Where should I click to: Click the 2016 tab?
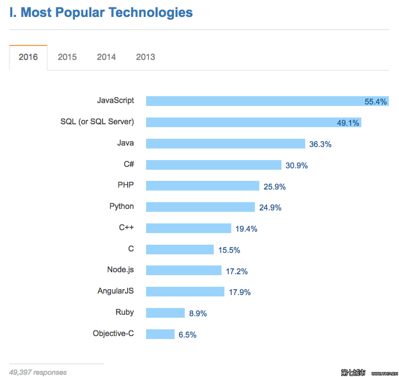tap(28, 57)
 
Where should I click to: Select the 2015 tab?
tap(67, 57)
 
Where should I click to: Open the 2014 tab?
tap(106, 57)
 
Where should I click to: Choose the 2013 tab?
tap(146, 57)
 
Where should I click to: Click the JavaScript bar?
tap(267, 101)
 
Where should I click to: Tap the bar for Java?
tap(225, 144)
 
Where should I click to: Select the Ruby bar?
tap(166, 313)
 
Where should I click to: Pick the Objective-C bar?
tap(160, 334)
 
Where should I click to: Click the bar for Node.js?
tap(184, 270)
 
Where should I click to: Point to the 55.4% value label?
tap(376, 102)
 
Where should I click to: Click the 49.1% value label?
tap(348, 123)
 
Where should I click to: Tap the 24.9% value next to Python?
tap(270, 207)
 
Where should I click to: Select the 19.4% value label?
tap(246, 229)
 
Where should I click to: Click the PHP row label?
tap(126, 185)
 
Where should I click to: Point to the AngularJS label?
tap(116, 291)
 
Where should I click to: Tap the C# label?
tap(129, 164)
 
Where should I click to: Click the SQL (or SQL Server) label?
tap(97, 122)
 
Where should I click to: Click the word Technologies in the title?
tap(151, 12)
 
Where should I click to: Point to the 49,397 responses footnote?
tap(38, 373)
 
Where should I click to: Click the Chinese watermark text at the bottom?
tap(353, 373)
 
